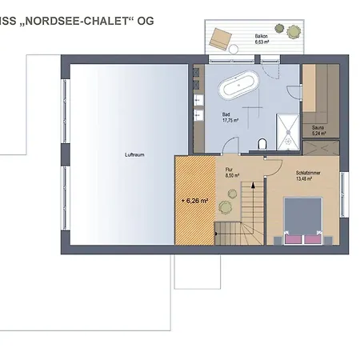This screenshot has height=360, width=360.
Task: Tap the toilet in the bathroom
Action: (x=262, y=144)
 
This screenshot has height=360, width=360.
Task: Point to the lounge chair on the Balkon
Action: (x=221, y=38)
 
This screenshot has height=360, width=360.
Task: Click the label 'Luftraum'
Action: (x=134, y=154)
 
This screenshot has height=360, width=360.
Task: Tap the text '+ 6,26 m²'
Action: (x=194, y=201)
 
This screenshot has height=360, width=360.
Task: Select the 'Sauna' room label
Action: (x=318, y=126)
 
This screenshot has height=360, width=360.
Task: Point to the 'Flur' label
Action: (x=229, y=170)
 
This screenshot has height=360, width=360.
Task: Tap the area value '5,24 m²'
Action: (x=318, y=133)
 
